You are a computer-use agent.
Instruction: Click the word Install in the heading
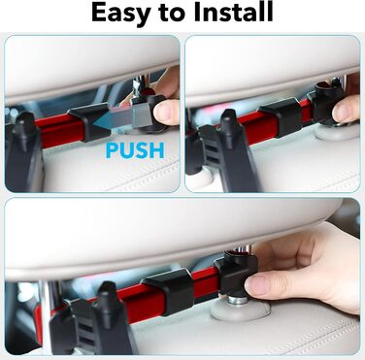pos(234,12)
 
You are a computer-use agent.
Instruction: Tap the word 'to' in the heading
pos(173,13)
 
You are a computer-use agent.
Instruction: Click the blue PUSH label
pos(135,150)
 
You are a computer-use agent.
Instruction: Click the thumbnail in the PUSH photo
pos(164,112)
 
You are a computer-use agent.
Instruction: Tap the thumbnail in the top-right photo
pos(342,108)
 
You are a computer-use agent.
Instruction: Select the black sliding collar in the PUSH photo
pos(88,121)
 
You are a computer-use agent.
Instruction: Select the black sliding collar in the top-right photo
pos(281,116)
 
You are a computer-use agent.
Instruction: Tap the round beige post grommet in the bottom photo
pos(240,310)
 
